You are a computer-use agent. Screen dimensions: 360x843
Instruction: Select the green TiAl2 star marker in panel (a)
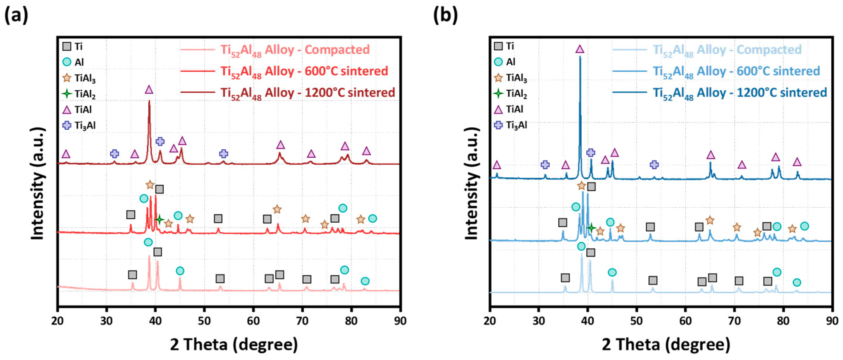pyautogui.click(x=159, y=219)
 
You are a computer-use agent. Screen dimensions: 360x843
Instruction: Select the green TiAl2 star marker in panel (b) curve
pyautogui.click(x=591, y=227)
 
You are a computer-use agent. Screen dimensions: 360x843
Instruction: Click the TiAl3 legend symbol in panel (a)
pyautogui.click(x=67, y=78)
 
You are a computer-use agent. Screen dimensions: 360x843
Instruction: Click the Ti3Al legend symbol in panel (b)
pyautogui.click(x=499, y=125)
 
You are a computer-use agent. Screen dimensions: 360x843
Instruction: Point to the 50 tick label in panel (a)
pyautogui.click(x=204, y=321)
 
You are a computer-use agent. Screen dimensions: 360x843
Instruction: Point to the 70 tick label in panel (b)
pyautogui.click(x=734, y=321)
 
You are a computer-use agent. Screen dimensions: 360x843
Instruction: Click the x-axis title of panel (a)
pyautogui.click(x=234, y=344)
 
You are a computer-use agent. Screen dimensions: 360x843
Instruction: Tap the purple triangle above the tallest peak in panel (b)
pyautogui.click(x=580, y=49)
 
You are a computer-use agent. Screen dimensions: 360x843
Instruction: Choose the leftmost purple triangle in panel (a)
pyautogui.click(x=66, y=154)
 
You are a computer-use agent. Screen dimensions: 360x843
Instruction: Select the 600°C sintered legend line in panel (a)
pyautogui.click(x=197, y=71)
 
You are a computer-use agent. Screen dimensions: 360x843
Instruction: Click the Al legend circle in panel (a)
pyautogui.click(x=67, y=62)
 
